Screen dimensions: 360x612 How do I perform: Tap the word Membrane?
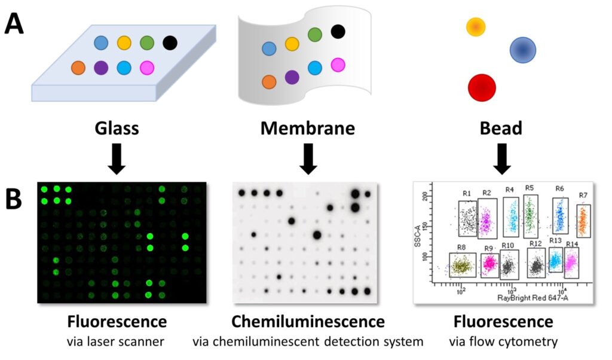308,129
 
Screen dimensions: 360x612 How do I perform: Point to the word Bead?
501,129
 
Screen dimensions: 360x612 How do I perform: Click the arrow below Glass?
118,158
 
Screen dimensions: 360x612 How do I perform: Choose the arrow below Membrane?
308,158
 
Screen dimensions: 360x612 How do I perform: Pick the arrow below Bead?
501,158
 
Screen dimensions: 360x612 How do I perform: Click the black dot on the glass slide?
170,42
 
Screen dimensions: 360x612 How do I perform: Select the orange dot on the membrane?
269,81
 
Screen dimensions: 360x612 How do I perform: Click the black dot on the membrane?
338,30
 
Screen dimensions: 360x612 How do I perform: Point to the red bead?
482,88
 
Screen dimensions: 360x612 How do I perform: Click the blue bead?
523,50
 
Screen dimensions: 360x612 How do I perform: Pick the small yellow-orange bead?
475,27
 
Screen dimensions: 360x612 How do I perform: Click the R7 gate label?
583,196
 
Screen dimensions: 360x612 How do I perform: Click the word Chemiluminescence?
308,322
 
